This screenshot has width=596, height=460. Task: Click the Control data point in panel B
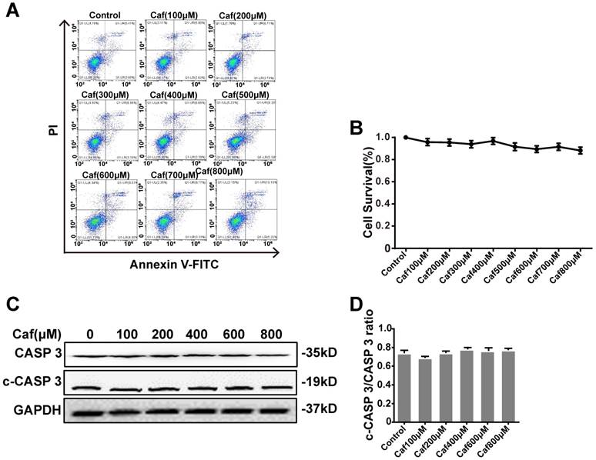coord(405,137)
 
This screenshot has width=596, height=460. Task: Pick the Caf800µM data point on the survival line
coord(580,151)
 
